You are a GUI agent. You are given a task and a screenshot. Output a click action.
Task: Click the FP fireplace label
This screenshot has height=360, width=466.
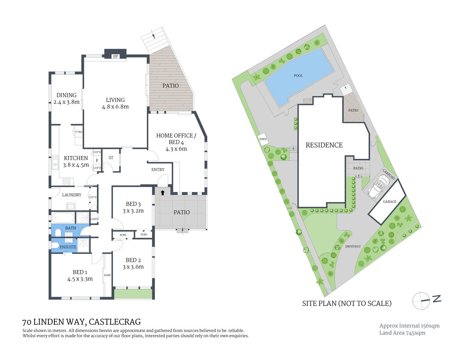click(x=116, y=57)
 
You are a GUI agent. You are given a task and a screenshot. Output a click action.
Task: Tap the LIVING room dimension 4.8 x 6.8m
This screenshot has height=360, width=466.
click(x=115, y=107)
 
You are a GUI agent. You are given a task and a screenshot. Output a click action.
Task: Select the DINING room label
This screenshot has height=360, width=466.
click(x=66, y=95)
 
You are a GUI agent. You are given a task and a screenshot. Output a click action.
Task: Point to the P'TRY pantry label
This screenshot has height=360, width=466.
click(x=79, y=132)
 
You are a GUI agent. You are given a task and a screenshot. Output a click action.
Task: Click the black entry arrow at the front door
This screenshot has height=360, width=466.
click(x=162, y=193)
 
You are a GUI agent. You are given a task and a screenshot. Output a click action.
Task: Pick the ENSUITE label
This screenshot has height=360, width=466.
click(x=68, y=247)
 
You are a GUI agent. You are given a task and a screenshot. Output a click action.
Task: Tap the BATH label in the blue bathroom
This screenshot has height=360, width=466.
click(x=71, y=228)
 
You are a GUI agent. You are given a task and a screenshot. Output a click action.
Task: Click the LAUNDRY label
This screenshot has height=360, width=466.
click(x=72, y=195)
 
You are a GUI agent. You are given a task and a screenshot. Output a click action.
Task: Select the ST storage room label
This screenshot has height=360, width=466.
click(x=111, y=158)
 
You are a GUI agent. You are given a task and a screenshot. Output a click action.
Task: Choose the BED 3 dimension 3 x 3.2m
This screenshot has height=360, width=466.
click(x=133, y=211)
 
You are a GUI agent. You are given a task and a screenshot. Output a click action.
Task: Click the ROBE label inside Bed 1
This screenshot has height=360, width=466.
click(x=107, y=275)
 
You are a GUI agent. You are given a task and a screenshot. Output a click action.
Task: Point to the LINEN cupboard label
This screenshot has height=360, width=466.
click(x=94, y=219)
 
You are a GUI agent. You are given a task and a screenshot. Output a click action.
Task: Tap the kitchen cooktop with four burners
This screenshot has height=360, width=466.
click(x=67, y=181)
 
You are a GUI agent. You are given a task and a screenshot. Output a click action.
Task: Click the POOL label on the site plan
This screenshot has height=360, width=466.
click(x=298, y=76)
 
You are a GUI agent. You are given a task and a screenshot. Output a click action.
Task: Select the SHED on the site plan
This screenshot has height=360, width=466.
click(x=263, y=139)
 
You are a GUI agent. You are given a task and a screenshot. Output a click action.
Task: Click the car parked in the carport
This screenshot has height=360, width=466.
click(x=378, y=187)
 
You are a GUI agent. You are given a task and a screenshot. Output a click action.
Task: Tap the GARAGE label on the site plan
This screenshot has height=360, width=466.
click(x=389, y=202)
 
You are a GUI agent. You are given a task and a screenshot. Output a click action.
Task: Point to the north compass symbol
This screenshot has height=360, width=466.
click(x=422, y=300)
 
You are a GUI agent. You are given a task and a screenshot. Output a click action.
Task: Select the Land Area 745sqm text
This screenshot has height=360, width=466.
click(x=402, y=333)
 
